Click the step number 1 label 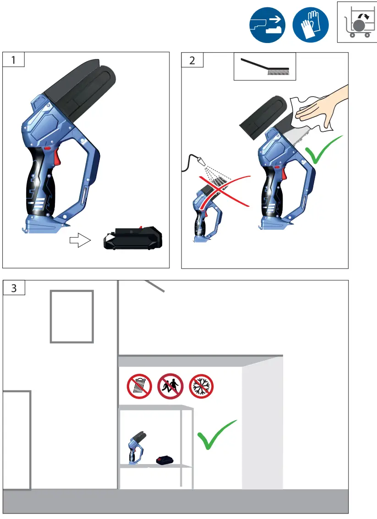click(x=13, y=60)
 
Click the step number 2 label click(x=192, y=60)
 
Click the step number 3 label click(x=14, y=288)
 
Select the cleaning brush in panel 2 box click(x=264, y=66)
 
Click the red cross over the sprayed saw click(x=224, y=191)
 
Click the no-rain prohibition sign click(x=140, y=386)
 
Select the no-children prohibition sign click(x=170, y=386)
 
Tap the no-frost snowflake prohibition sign click(x=201, y=386)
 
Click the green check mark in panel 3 click(x=216, y=435)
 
